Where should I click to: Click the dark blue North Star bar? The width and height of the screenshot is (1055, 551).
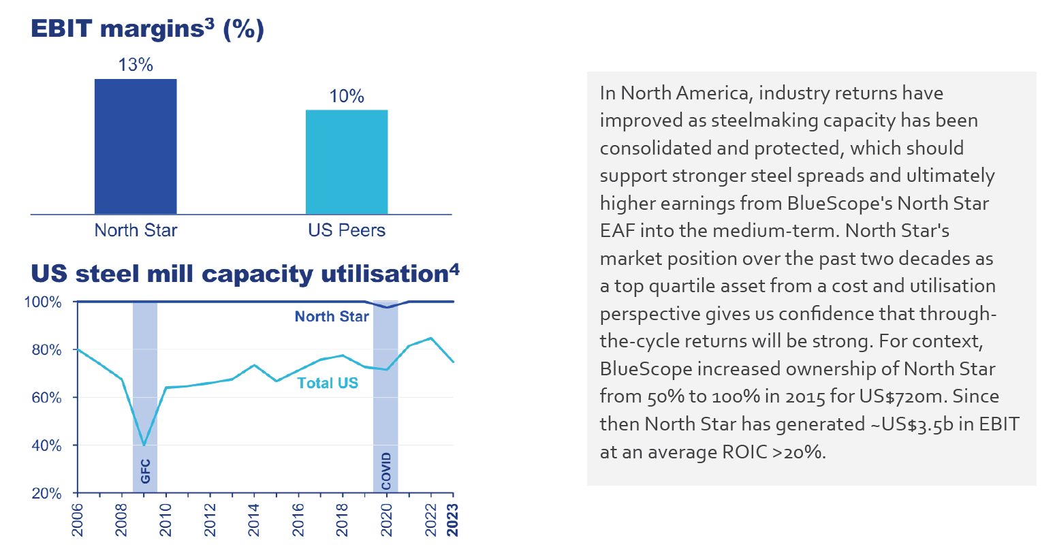(x=136, y=146)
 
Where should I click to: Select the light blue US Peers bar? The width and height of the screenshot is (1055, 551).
(x=347, y=162)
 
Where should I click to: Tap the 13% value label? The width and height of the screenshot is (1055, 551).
(x=136, y=65)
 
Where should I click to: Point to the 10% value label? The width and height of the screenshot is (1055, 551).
(x=347, y=96)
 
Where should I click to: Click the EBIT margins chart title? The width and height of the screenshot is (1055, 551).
(x=147, y=29)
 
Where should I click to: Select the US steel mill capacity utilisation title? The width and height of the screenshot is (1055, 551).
(x=245, y=273)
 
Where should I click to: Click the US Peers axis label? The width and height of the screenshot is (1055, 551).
(x=347, y=230)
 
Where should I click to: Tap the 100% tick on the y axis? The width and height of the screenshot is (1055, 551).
(x=43, y=302)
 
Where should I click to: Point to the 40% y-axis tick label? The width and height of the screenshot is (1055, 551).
(x=46, y=445)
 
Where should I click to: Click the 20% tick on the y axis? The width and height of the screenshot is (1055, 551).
(x=46, y=493)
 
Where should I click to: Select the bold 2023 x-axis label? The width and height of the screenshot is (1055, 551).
(x=453, y=520)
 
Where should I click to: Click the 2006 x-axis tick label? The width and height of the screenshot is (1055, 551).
(x=78, y=520)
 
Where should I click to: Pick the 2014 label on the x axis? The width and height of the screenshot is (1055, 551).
(x=254, y=520)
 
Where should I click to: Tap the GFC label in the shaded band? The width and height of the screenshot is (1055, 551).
(x=145, y=471)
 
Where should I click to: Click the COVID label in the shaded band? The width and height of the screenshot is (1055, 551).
(x=386, y=471)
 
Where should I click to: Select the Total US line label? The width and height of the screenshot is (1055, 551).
(x=328, y=383)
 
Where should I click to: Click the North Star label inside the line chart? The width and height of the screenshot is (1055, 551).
(x=332, y=316)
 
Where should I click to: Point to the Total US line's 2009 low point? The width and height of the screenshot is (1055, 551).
(x=144, y=445)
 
